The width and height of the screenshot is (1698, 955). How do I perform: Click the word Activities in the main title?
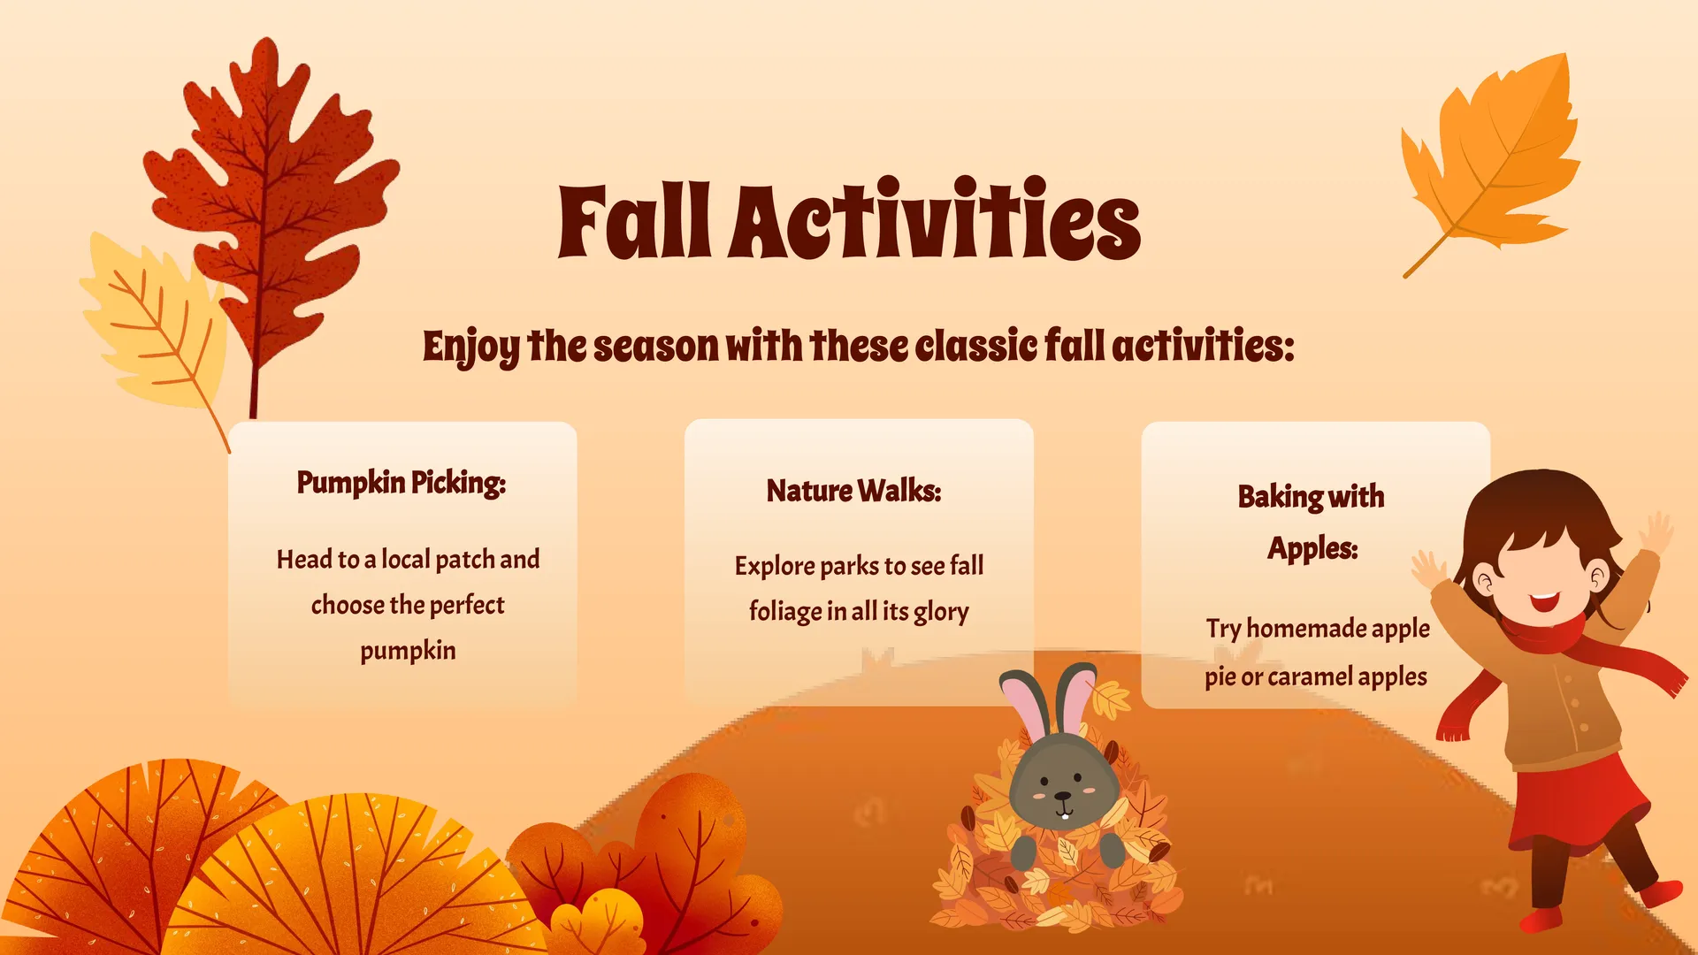coord(935,218)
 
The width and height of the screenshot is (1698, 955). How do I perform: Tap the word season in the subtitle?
coord(655,347)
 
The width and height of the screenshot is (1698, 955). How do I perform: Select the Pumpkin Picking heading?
coord(402,483)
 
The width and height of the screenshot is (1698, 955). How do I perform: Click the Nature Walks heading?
coord(854,491)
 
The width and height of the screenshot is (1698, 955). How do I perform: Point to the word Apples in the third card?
coord(1312,549)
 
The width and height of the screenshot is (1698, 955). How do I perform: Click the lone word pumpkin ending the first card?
coord(408,652)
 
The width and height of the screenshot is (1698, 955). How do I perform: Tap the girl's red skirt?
coord(1579,800)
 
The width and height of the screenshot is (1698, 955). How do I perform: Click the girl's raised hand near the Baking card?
coord(1427,570)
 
